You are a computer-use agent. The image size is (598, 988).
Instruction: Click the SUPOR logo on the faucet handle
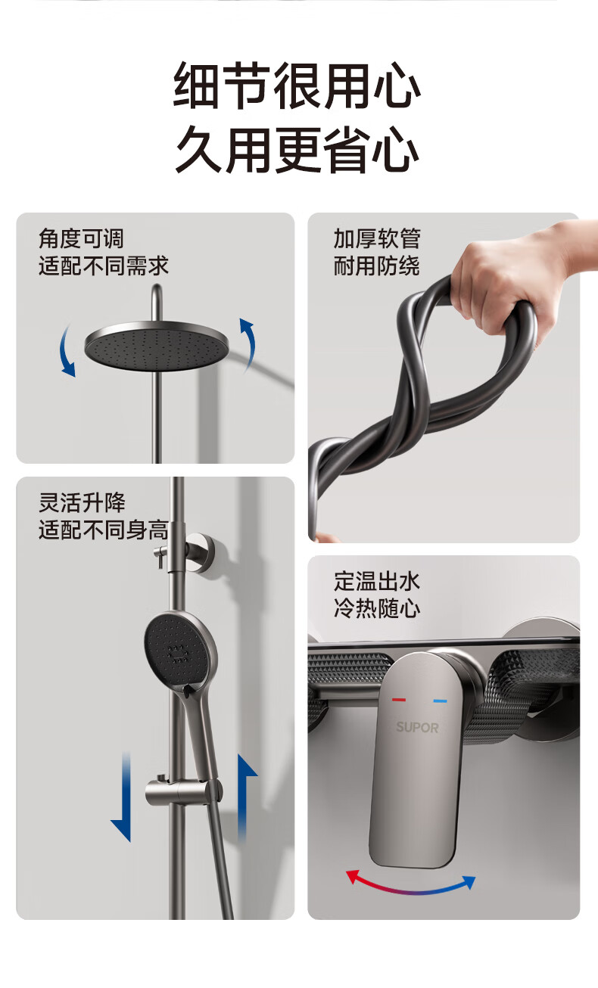click(x=417, y=727)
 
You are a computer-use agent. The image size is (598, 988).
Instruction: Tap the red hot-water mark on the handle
click(x=398, y=700)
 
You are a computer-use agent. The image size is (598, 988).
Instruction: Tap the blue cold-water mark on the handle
click(x=440, y=701)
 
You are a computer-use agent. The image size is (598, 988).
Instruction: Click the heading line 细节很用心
click(x=297, y=85)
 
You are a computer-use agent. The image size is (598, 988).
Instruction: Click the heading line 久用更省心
click(x=297, y=149)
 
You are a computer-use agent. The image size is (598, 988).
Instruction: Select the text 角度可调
click(x=81, y=238)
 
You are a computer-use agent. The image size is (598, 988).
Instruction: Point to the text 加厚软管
click(x=377, y=238)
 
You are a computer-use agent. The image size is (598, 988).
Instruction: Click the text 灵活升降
click(x=82, y=502)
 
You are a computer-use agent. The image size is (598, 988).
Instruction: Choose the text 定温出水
click(x=376, y=581)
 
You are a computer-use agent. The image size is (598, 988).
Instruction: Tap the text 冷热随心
click(x=376, y=608)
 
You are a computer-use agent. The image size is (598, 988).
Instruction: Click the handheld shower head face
click(x=178, y=649)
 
